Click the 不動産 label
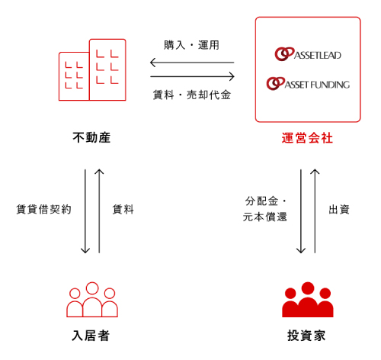click(91, 137)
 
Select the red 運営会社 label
click(307, 138)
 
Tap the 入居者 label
click(91, 336)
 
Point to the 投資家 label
click(306, 336)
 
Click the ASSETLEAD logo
click(308, 54)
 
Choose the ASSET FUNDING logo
click(308, 84)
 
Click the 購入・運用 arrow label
click(191, 45)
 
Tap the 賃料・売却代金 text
click(192, 95)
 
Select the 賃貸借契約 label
click(43, 210)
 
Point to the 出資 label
click(339, 210)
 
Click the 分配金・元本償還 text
click(265, 209)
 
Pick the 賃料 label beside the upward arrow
click(123, 210)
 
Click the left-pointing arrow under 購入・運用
click(192, 63)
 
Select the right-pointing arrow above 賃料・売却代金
click(192, 76)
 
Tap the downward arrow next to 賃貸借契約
click(85, 211)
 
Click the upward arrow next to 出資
click(315, 211)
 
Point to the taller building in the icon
click(107, 69)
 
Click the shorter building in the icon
click(74, 76)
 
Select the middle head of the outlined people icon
click(92, 288)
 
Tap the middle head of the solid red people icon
click(308, 288)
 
